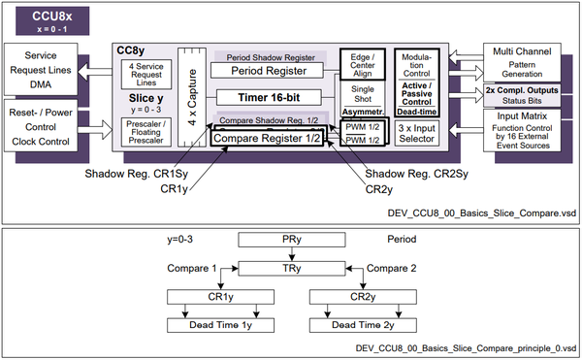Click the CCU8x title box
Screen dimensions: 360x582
[x=45, y=19]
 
